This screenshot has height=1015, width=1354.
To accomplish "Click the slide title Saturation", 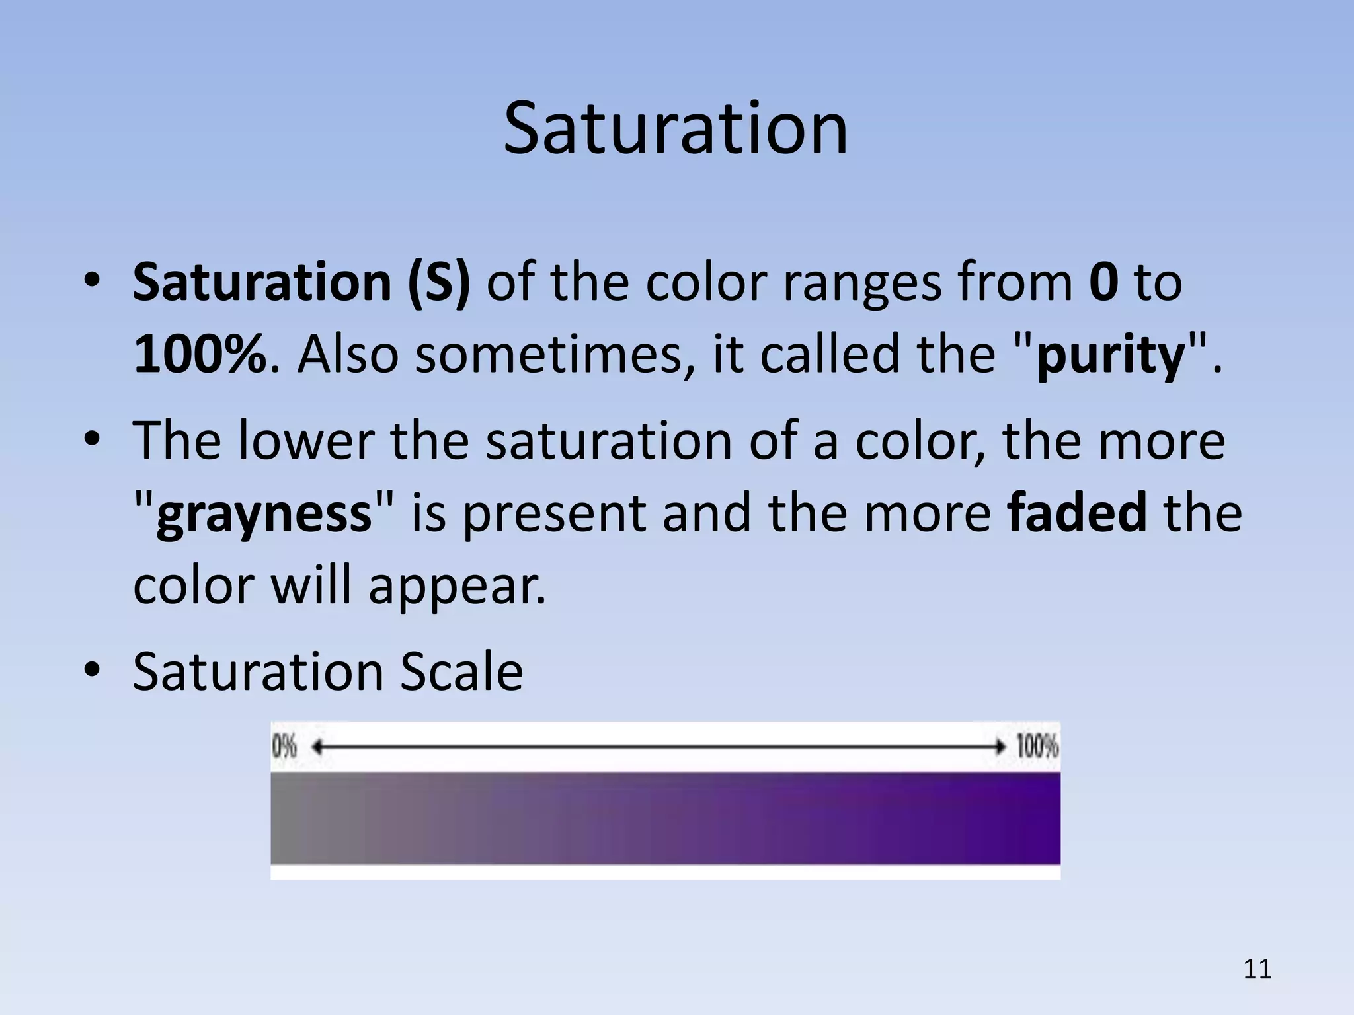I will pos(675,128).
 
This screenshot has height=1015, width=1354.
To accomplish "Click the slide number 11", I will pos(1257,969).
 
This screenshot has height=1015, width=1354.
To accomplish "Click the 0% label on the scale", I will pos(285,747).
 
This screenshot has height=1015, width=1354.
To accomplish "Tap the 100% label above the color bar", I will pos(1037,747).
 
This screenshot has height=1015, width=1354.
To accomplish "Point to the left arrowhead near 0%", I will pos(317,747).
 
